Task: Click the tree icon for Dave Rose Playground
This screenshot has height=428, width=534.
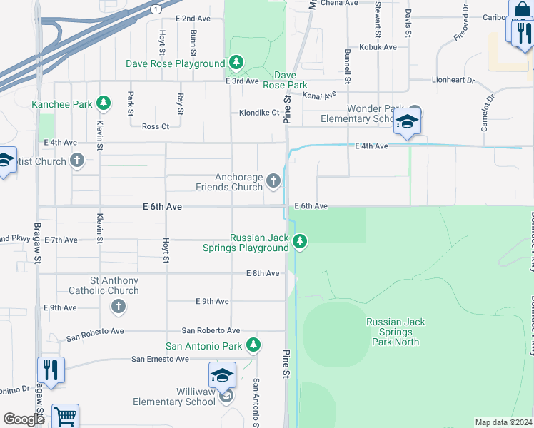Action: click(236, 63)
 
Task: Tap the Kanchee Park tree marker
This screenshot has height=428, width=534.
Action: click(104, 104)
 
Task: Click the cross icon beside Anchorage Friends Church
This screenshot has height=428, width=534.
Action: click(273, 181)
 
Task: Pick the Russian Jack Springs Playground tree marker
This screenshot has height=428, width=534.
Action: click(301, 242)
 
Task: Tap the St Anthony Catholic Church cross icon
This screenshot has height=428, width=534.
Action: click(119, 307)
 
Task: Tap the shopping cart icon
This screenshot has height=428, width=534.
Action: click(65, 417)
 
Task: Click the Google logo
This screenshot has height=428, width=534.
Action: click(24, 419)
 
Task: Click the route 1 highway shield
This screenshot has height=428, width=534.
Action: click(155, 9)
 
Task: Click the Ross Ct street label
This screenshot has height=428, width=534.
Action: click(155, 126)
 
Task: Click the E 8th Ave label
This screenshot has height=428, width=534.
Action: click(263, 273)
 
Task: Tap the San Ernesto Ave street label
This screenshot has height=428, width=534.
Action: click(159, 359)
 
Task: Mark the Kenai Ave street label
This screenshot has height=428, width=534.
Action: click(319, 95)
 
